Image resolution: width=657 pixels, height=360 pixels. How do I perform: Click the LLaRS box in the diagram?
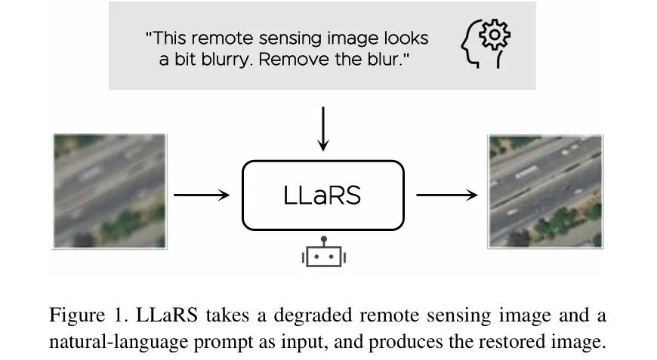322,195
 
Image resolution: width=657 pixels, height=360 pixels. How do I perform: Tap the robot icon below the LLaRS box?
323,254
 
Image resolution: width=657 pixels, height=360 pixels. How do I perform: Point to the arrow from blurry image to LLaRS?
202,195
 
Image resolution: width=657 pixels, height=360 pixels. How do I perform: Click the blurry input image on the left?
109,191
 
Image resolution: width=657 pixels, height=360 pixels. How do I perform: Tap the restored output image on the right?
545,191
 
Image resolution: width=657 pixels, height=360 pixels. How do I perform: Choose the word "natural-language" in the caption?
109,342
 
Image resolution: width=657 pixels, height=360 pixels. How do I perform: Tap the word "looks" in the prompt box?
408,38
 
